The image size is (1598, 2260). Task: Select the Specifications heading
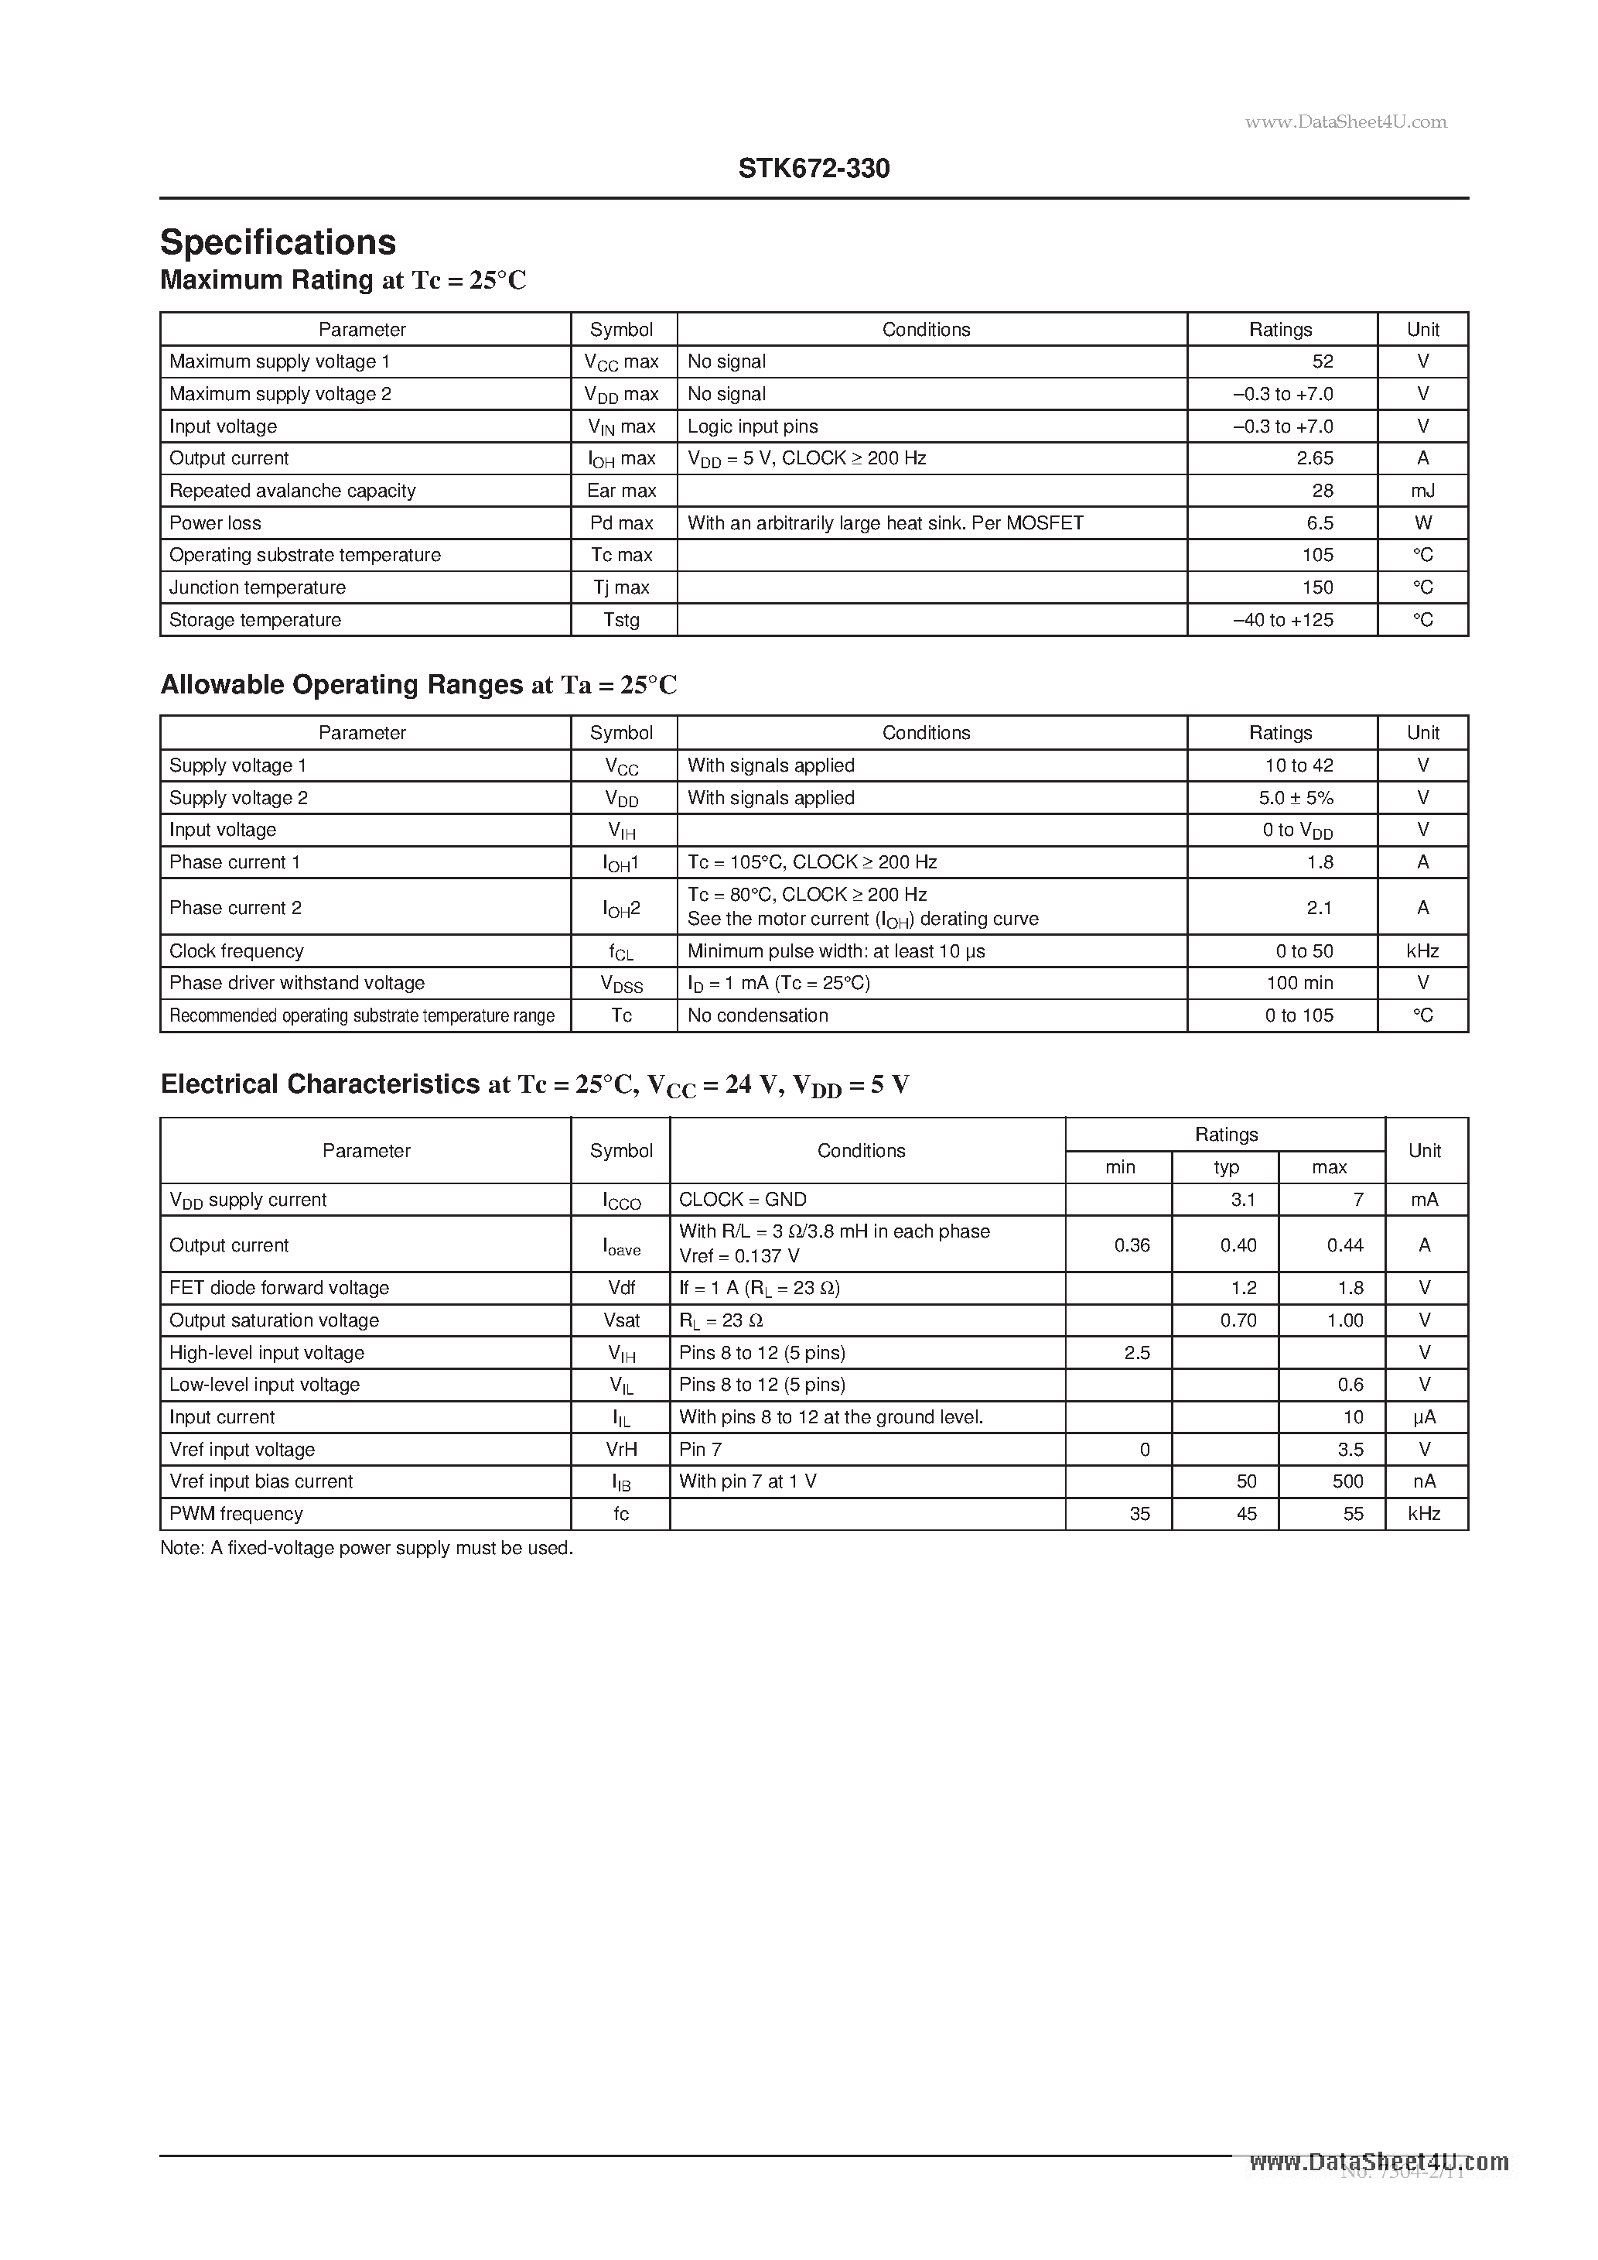pyautogui.click(x=278, y=243)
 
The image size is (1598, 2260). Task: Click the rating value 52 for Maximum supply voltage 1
pyautogui.click(x=1323, y=361)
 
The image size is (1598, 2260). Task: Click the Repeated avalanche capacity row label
pyautogui.click(x=292, y=490)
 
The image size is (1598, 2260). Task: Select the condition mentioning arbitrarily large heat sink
pyautogui.click(x=885, y=522)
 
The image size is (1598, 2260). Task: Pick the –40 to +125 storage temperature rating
pyautogui.click(x=1283, y=620)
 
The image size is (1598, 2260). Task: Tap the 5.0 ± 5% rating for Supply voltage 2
pyautogui.click(x=1296, y=797)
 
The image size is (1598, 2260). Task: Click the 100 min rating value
pyautogui.click(x=1299, y=982)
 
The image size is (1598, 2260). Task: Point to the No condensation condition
pyautogui.click(x=756, y=1015)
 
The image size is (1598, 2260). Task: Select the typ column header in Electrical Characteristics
pyautogui.click(x=1225, y=1167)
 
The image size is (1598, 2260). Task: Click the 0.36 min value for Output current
pyautogui.click(x=1132, y=1245)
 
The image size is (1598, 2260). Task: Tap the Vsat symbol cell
pyautogui.click(x=621, y=1320)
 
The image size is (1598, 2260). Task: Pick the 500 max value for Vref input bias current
pyautogui.click(x=1347, y=1481)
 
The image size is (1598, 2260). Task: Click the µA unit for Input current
pyautogui.click(x=1424, y=1416)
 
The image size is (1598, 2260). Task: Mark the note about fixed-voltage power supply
pyautogui.click(x=366, y=1549)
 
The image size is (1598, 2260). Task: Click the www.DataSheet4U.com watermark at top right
pyautogui.click(x=1345, y=122)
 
